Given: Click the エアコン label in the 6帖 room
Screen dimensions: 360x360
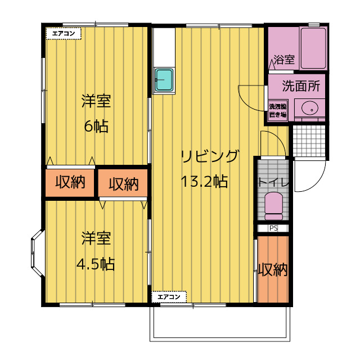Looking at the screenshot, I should pos(64,34).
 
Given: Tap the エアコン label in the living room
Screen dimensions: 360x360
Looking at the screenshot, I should pos(169,296).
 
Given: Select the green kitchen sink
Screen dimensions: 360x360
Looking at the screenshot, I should pos(164,80).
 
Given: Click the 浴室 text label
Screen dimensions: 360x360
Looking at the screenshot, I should pos(283,60).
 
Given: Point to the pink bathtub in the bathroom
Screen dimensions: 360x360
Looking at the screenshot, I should pos(314,48).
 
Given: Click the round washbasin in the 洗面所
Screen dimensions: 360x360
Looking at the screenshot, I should pos(309,108).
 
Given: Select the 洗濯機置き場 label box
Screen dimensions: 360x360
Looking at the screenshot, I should pos(277,110).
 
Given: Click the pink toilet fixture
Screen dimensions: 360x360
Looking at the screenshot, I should pos(274,206).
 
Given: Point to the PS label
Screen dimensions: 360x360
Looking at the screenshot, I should pos(273,228).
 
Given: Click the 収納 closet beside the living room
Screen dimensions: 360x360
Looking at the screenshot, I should pos(273,270).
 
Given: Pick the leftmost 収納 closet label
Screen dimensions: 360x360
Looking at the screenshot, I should pos(70,183).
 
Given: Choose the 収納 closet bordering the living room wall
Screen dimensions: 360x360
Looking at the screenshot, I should pos(123,184).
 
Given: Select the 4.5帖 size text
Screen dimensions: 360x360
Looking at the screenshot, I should pos(96,264).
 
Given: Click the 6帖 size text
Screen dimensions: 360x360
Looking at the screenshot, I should pos(96,126).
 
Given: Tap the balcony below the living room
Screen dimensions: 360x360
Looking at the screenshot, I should pos(220,323).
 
